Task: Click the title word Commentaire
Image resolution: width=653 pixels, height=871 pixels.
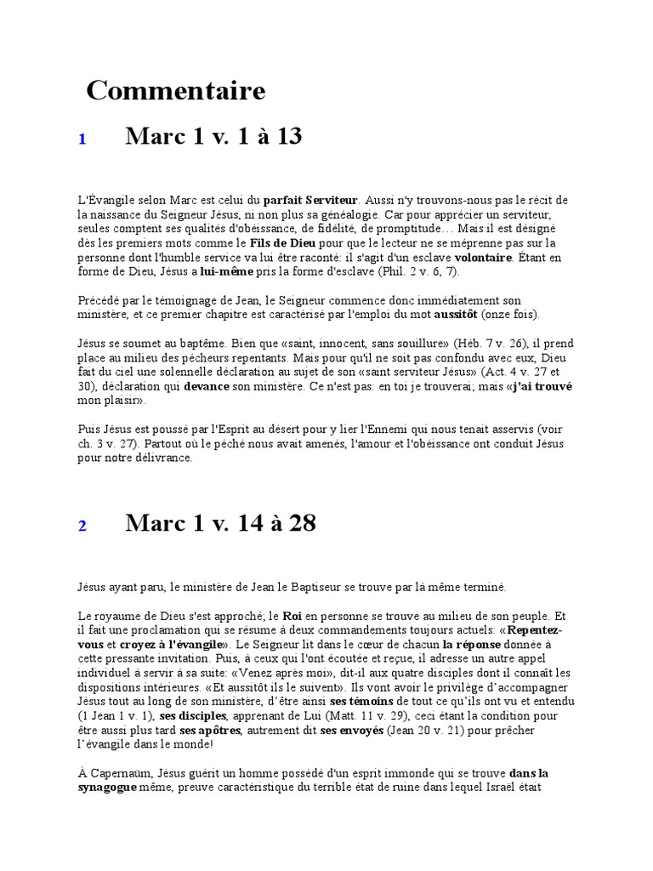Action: pyautogui.click(x=175, y=90)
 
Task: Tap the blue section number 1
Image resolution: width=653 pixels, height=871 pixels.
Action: pyautogui.click(x=82, y=139)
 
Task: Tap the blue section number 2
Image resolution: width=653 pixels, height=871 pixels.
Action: pyautogui.click(x=82, y=527)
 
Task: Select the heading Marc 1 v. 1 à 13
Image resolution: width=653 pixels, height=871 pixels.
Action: pyautogui.click(x=213, y=136)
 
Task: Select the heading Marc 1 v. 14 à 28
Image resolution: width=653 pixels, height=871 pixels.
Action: pyautogui.click(x=220, y=523)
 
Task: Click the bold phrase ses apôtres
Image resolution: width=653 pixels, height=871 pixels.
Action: pyautogui.click(x=211, y=730)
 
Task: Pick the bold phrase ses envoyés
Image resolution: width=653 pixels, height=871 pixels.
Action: pyautogui.click(x=350, y=730)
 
